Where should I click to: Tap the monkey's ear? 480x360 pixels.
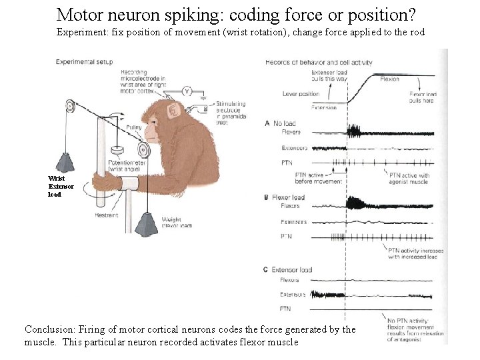tap(174, 110)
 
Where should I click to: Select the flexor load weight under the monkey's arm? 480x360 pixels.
tap(149, 223)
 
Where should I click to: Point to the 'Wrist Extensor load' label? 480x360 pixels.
tap(57, 186)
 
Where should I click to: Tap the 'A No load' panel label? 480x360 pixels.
tap(281, 123)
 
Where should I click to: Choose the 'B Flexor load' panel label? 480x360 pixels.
tap(285, 197)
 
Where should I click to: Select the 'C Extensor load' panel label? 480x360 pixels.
tap(288, 270)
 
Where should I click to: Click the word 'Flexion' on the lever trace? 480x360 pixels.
tap(389, 79)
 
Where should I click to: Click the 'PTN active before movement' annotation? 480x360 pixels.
tap(318, 178)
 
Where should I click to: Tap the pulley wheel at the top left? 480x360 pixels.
tap(70, 106)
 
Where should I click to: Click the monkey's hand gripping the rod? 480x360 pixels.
tap(103, 182)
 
